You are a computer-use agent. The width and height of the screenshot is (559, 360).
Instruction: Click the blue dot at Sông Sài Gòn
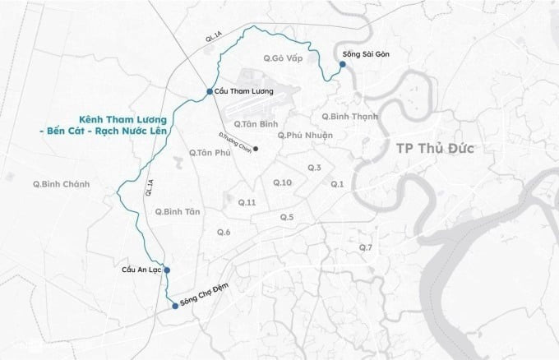point(342,63)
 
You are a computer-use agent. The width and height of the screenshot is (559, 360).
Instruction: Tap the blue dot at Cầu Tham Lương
point(210,91)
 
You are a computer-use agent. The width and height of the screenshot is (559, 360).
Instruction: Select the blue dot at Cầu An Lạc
point(166,270)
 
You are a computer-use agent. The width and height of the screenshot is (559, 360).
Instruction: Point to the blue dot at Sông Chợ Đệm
point(174,306)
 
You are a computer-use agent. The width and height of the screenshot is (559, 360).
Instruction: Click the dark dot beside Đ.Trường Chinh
point(256,149)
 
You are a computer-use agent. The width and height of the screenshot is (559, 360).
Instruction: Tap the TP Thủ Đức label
point(436,149)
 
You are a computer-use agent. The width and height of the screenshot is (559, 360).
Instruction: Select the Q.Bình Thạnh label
point(349,117)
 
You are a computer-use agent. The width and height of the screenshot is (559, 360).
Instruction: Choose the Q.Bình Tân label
point(177,211)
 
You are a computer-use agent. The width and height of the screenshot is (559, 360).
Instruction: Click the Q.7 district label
point(366,247)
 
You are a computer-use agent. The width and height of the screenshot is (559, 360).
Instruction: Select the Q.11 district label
point(247,202)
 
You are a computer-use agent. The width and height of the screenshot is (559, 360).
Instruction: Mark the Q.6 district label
point(223,233)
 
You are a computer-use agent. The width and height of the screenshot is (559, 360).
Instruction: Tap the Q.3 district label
point(314,168)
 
